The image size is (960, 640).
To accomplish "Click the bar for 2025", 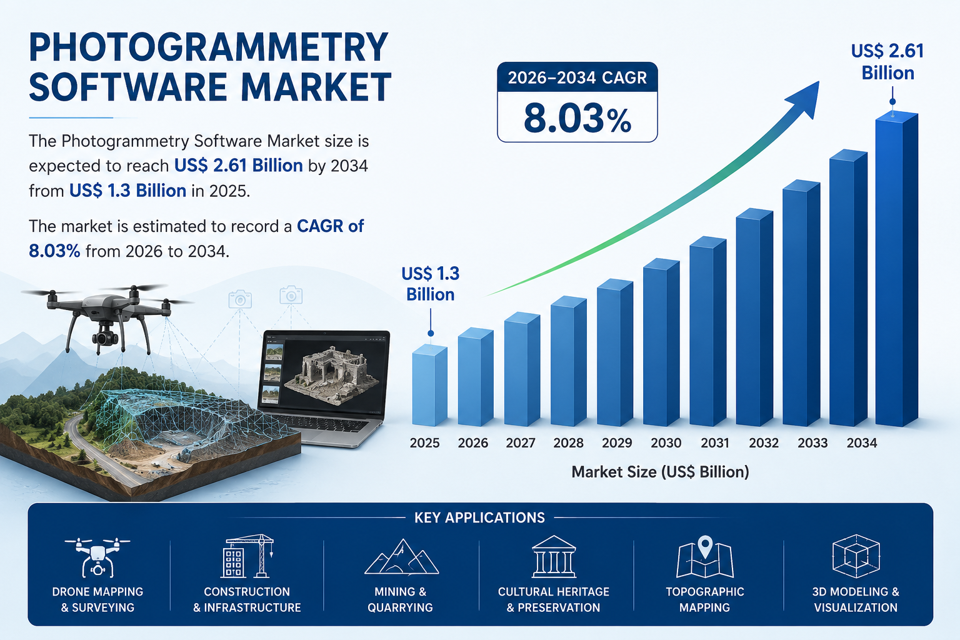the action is [429, 385].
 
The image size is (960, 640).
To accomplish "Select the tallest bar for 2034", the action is [897, 269].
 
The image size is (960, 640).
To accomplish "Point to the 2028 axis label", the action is [568, 443].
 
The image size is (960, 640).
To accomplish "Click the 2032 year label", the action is [764, 443].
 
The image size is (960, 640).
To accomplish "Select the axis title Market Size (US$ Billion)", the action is [661, 472].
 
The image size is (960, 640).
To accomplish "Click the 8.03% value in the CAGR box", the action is [577, 119].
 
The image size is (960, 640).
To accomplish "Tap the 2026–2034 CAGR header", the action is [577, 77].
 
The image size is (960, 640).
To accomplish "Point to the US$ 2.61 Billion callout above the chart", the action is [887, 62].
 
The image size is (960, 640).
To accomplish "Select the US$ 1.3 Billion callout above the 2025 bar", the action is [430, 284].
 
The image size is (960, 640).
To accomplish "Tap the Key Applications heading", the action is [479, 518].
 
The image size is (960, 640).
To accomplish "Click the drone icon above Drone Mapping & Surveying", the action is [97, 557].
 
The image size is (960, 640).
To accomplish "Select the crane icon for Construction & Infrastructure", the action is [247, 556].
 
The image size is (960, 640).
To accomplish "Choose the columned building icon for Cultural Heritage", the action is [554, 556].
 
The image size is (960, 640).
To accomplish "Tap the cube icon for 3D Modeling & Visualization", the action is [856, 556].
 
